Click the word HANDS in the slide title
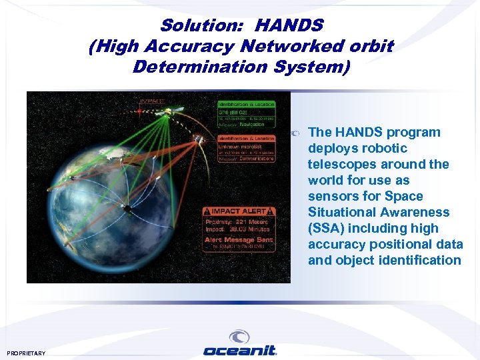tap(289, 26)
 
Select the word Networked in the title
tap(267, 47)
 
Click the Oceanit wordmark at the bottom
tap(240, 351)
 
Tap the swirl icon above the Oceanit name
tap(239, 337)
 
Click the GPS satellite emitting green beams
tap(175, 109)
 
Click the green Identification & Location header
tap(245, 105)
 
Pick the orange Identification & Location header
tap(245, 138)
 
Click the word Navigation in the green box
tap(253, 124)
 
